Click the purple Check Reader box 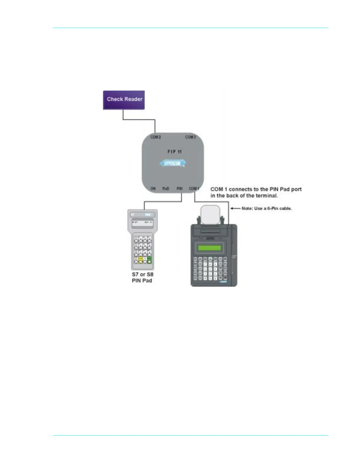tap(124, 100)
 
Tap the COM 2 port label tap(156, 137)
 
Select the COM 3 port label tap(190, 137)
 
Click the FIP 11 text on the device tap(174, 152)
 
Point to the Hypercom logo tap(173, 163)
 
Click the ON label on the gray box tap(153, 188)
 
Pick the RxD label tap(166, 188)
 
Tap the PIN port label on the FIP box tap(179, 188)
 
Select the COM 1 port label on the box tap(194, 188)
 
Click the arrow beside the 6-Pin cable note tap(235, 208)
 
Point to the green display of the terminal tap(209, 248)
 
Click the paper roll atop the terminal tap(210, 215)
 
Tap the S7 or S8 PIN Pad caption tap(142, 277)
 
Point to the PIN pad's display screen tap(142, 223)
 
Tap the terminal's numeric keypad tap(210, 269)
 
